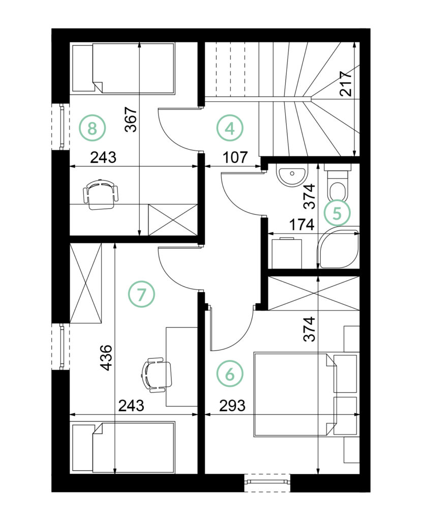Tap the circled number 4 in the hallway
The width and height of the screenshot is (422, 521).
[230, 128]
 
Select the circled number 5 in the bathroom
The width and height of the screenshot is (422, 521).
[337, 213]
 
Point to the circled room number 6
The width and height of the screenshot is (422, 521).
[230, 374]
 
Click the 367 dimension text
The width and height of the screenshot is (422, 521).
[131, 120]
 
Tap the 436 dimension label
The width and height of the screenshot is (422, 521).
[107, 358]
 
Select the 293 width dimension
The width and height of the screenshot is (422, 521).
[232, 406]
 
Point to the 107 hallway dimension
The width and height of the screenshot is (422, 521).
[235, 157]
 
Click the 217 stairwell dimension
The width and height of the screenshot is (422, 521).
[346, 84]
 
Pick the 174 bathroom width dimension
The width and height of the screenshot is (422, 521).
[302, 224]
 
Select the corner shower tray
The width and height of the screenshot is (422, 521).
[339, 248]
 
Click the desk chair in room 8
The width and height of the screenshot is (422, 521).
[100, 194]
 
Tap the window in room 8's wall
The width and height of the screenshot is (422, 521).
[61, 127]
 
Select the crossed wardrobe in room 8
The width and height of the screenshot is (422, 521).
[173, 220]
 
